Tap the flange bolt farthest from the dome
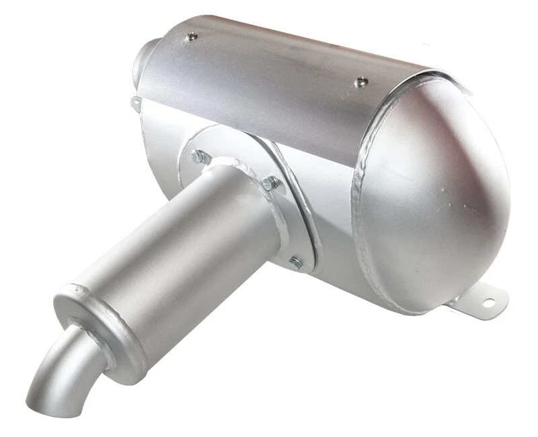pos(199,157)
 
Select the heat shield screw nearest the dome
pos(361,82)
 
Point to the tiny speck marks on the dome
pos(464,202)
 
